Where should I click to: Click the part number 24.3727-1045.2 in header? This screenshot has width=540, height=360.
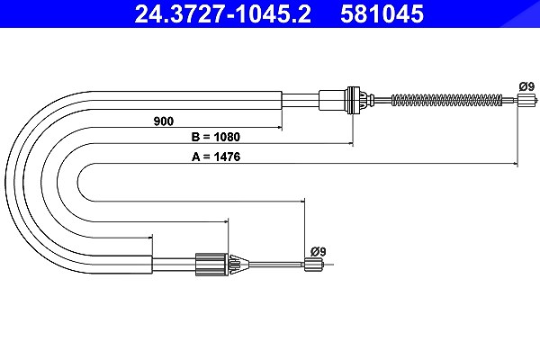pos(223,13)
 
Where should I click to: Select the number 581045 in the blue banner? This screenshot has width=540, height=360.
pos(382,13)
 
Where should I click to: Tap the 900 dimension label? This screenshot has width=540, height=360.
pos(164,121)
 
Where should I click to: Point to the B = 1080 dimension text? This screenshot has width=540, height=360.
pos(216,137)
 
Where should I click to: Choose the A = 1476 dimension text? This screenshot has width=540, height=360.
pos(216,157)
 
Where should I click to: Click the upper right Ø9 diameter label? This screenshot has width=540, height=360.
pos(526,86)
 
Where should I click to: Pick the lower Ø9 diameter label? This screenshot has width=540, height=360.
pos(318,251)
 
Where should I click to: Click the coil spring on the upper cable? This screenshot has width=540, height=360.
pos(446,100)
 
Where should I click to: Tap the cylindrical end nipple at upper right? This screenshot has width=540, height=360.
pos(526,100)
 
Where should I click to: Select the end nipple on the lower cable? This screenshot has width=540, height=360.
pos(314,265)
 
